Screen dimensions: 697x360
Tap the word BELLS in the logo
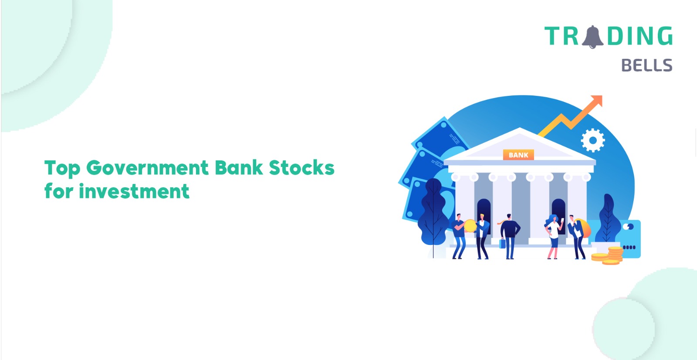pyautogui.click(x=647, y=65)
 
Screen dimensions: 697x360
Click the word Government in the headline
pyautogui.click(x=147, y=168)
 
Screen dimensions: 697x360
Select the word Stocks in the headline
pyautogui.click(x=301, y=168)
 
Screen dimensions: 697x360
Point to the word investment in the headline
pyautogui.click(x=134, y=191)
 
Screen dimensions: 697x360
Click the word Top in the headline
pyautogui.click(x=63, y=169)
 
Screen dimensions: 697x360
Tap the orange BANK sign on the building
pyautogui.click(x=518, y=155)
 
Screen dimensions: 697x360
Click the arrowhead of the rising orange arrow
pyautogui.click(x=596, y=101)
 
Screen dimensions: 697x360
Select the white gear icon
pyautogui.click(x=593, y=140)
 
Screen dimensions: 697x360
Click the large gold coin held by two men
pyautogui.click(x=470, y=226)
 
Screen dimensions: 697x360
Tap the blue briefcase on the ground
pyautogui.click(x=502, y=243)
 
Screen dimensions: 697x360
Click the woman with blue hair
pyautogui.click(x=553, y=237)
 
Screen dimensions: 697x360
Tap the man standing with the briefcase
pyautogui.click(x=510, y=237)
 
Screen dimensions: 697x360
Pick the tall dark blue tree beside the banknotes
pyautogui.click(x=433, y=215)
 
